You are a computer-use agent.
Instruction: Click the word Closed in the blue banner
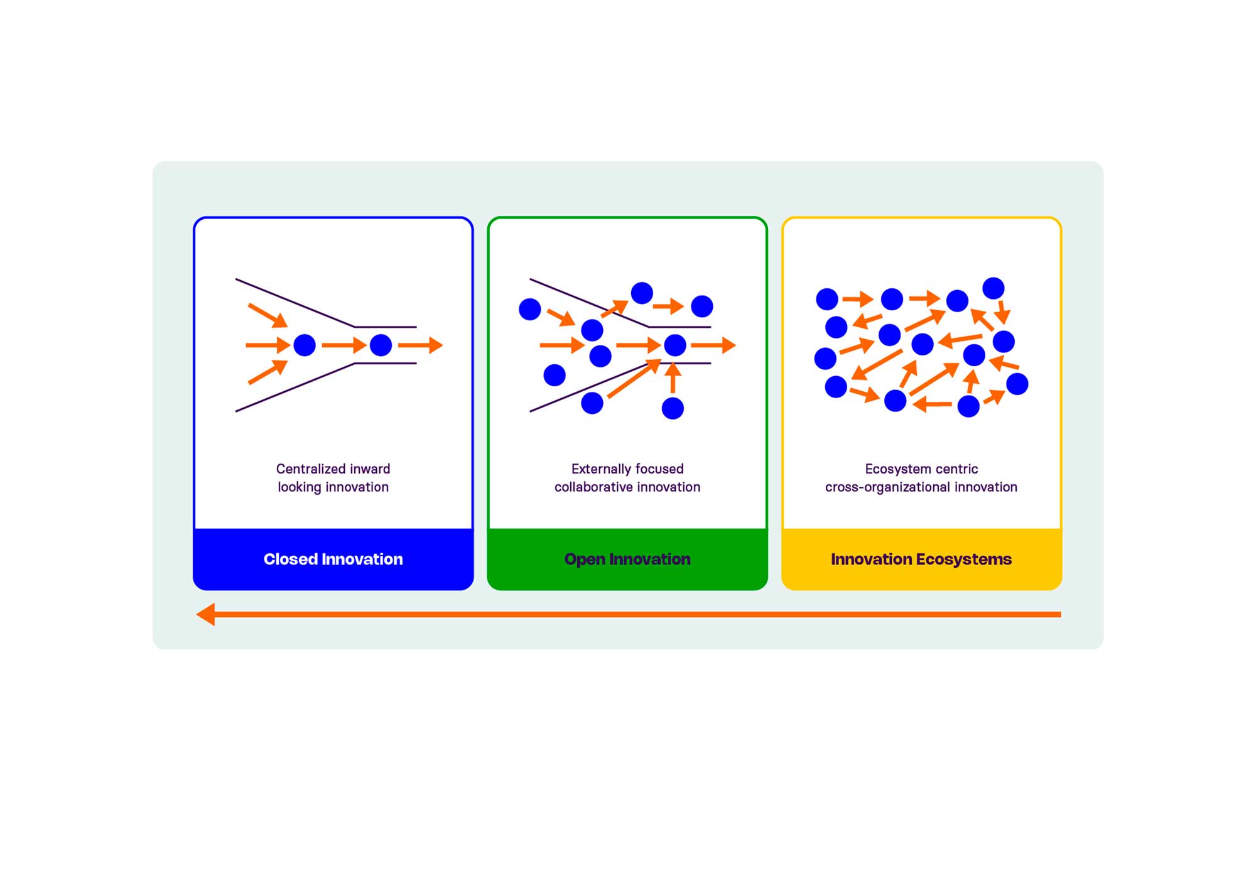pyautogui.click(x=289, y=559)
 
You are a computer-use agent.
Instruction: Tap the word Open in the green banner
pyautogui.click(x=584, y=560)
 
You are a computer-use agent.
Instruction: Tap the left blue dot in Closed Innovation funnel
pyautogui.click(x=305, y=345)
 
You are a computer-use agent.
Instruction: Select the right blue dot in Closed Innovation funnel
pyautogui.click(x=381, y=345)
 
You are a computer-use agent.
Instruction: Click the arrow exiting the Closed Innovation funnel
pyautogui.click(x=420, y=345)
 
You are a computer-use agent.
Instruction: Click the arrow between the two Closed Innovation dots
pyautogui.click(x=344, y=345)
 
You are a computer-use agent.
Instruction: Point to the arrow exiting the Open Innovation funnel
pyautogui.click(x=713, y=345)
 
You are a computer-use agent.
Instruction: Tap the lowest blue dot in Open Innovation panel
pyautogui.click(x=673, y=408)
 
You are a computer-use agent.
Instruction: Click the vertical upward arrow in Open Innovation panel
pyautogui.click(x=673, y=379)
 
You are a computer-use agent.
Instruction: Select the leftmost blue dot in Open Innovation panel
pyautogui.click(x=530, y=309)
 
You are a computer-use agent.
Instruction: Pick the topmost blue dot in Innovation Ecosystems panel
pyautogui.click(x=993, y=288)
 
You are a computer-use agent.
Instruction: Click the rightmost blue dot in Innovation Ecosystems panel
pyautogui.click(x=1017, y=384)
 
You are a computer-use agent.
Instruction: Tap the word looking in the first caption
pyautogui.click(x=299, y=487)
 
